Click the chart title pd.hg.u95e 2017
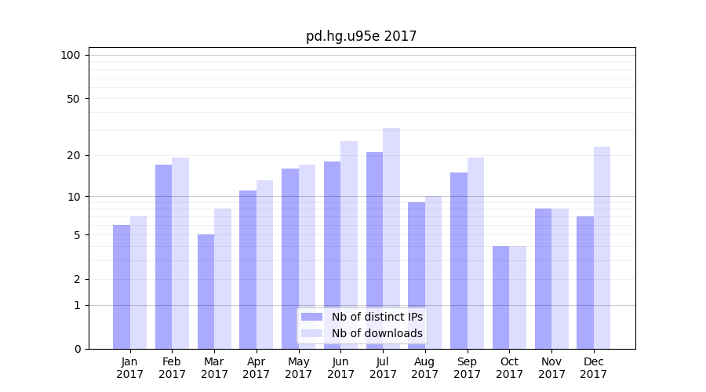(361, 36)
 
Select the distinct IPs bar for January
(122, 287)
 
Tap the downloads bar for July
(391, 238)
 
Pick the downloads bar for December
(602, 248)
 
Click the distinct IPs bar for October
(501, 298)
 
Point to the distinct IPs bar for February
(164, 256)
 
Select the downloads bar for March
(223, 278)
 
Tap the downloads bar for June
(349, 245)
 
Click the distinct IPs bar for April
(248, 270)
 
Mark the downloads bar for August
(434, 272)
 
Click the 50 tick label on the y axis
(74, 99)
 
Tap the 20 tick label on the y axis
(74, 155)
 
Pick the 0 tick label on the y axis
(77, 349)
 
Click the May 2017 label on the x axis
(298, 368)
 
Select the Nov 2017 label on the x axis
(551, 368)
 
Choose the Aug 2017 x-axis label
(425, 368)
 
